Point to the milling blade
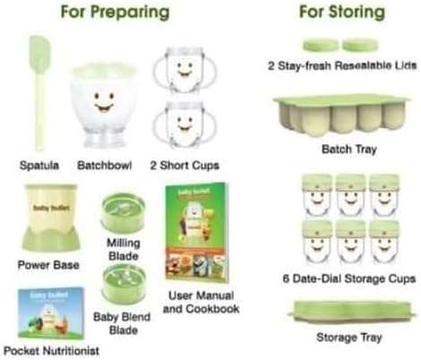[120, 216]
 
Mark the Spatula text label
[38, 166]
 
